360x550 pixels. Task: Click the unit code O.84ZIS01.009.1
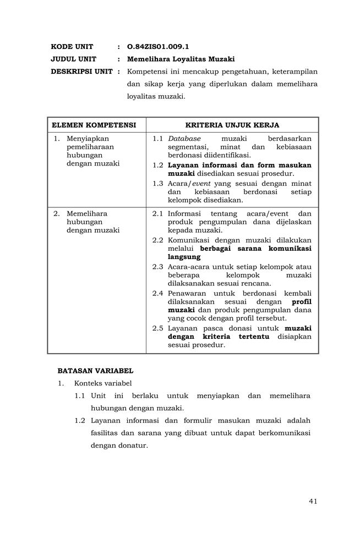click(158, 47)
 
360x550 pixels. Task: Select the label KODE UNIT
click(72, 47)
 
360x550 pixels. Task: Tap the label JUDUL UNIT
click(74, 59)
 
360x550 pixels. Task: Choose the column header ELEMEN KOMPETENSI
click(94, 125)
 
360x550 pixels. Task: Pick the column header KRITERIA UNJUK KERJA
click(232, 125)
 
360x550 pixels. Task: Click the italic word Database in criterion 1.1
click(184, 139)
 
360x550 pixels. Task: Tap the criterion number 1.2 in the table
click(158, 165)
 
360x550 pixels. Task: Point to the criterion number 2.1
click(158, 213)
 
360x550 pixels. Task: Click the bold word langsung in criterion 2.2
click(184, 256)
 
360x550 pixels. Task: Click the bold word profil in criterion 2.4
click(301, 301)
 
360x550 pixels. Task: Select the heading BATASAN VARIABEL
click(95, 371)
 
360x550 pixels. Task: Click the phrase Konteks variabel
click(103, 383)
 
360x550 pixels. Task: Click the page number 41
click(313, 501)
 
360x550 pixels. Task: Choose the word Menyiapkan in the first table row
click(88, 139)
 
